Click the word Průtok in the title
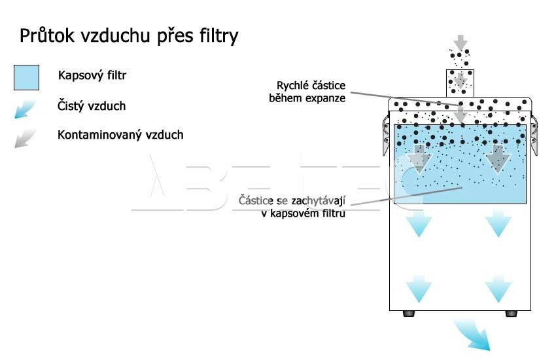pos(47,35)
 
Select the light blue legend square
pos(27,77)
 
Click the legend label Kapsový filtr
pos(92,75)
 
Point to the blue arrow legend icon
pos(25,109)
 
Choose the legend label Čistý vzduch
pos(92,105)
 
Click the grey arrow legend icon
pos(25,138)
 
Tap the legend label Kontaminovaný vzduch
pos(120,135)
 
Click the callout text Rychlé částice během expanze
pos(307,92)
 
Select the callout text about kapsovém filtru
pos(292,207)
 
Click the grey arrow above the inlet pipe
pos(460,43)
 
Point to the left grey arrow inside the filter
pos(419,159)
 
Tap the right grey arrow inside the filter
pos(498,159)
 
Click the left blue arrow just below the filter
pos(419,224)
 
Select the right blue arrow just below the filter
pos(498,224)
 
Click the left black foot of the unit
pos(409,314)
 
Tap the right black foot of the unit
pos(511,314)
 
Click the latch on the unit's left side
pos(386,135)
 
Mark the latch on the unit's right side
pos(534,135)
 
